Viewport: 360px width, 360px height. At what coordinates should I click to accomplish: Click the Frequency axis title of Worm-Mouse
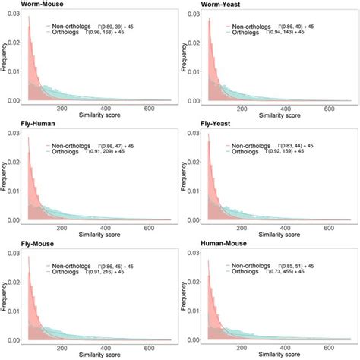pos(5,57)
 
